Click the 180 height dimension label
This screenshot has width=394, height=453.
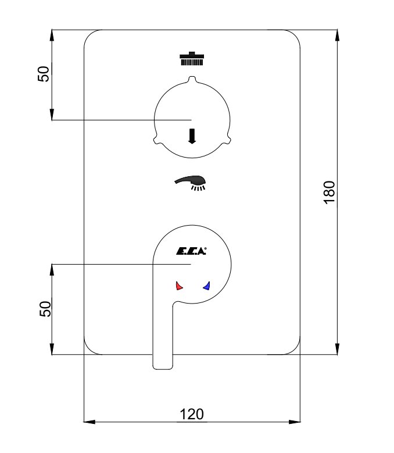pyautogui.click(x=329, y=192)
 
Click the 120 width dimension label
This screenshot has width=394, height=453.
pyautogui.click(x=192, y=414)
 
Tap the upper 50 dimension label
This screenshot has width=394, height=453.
pyautogui.click(x=44, y=74)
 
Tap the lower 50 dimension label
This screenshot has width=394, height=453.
pyautogui.click(x=45, y=309)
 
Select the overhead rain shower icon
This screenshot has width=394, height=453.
pyautogui.click(x=192, y=59)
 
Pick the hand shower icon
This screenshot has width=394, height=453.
pyautogui.click(x=191, y=183)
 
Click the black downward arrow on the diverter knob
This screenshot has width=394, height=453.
pyautogui.click(x=192, y=136)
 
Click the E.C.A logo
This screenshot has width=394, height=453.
pyautogui.click(x=191, y=251)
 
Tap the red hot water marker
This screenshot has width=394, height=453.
pyautogui.click(x=179, y=286)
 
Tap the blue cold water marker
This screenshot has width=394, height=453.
pyautogui.click(x=207, y=286)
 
